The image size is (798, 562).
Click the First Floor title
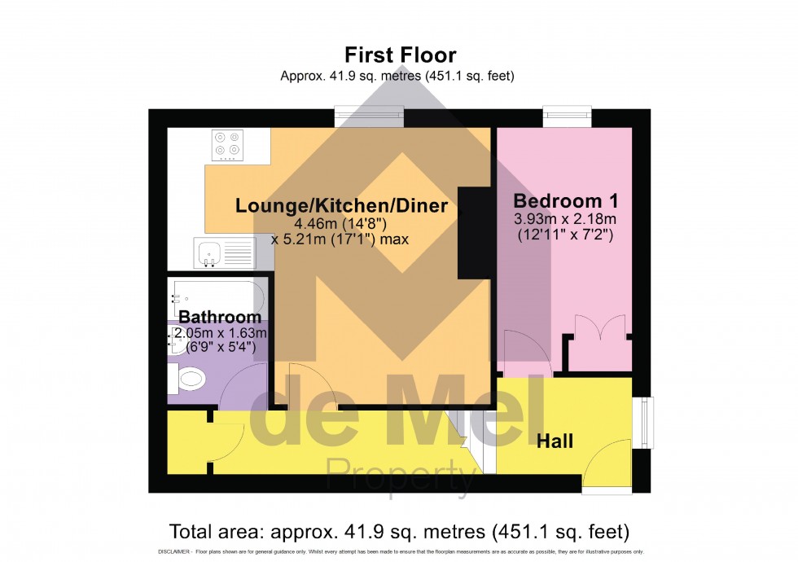(400, 55)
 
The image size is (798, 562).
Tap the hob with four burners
(227, 146)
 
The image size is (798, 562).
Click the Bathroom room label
(220, 317)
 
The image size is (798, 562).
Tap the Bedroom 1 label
(566, 200)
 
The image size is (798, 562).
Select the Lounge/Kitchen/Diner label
(341, 206)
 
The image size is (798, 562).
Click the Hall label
(555, 441)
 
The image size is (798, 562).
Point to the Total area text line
(399, 533)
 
